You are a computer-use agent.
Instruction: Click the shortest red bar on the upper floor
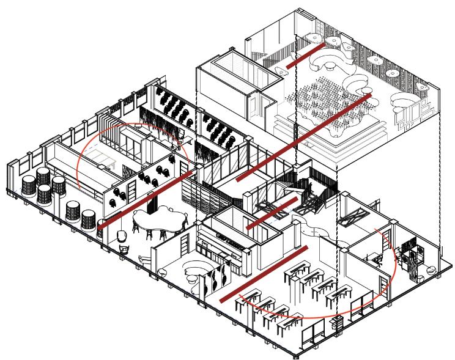coord(306,53)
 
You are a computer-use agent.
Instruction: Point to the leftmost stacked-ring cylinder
coord(29,185)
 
